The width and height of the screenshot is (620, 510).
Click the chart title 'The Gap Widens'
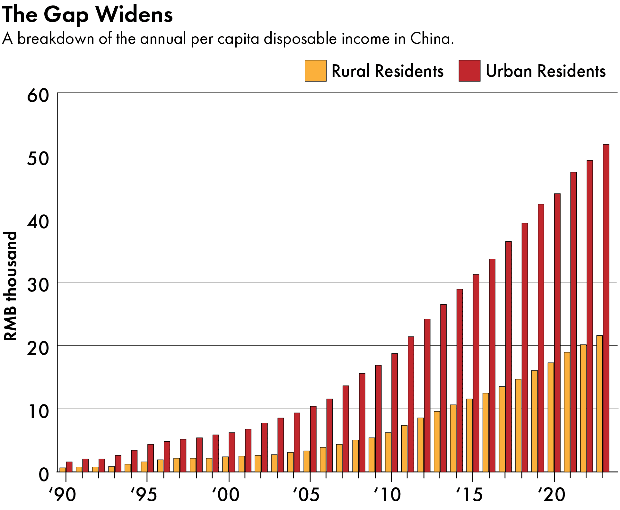pyautogui.click(x=87, y=14)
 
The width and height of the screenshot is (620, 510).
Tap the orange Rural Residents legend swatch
pyautogui.click(x=315, y=71)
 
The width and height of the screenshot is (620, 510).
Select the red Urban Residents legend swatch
pyautogui.click(x=469, y=71)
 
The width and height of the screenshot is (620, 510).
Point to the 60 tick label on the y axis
pyautogui.click(x=38, y=95)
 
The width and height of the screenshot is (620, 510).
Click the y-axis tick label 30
pyautogui.click(x=38, y=285)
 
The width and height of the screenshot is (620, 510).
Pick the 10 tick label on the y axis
pyautogui.click(x=38, y=411)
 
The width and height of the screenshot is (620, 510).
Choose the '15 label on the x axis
pyautogui.click(x=469, y=495)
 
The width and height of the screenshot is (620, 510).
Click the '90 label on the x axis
pyautogui.click(x=62, y=495)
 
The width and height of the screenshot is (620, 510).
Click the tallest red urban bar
pyautogui.click(x=606, y=308)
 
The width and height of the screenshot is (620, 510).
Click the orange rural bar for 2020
pyautogui.click(x=551, y=417)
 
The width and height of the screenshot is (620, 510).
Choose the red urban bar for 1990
pyautogui.click(x=69, y=467)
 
